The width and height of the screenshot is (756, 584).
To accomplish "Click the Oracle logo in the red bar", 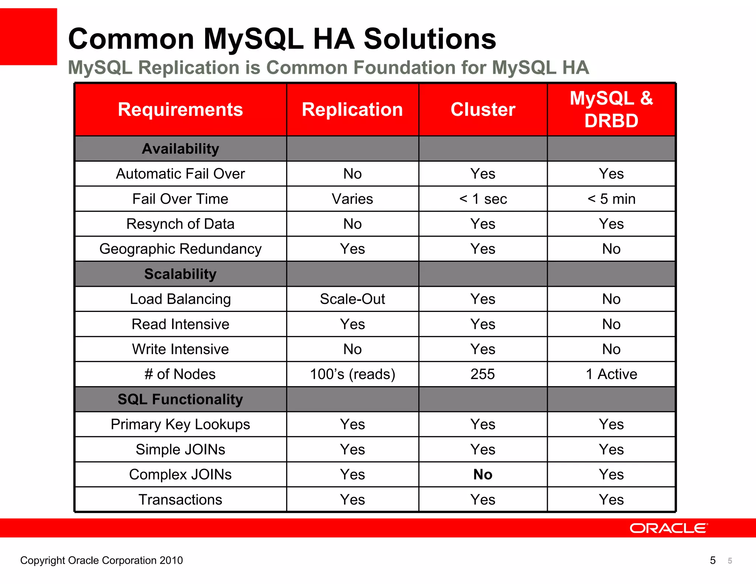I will [x=669, y=528].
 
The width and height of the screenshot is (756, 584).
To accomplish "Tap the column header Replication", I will [x=352, y=110].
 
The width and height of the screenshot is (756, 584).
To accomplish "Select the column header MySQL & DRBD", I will [x=611, y=110].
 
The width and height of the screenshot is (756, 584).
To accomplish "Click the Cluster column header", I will [x=483, y=110].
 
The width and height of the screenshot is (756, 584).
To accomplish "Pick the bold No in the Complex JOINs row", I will [x=483, y=474].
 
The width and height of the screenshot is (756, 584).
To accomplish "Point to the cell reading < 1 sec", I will [x=483, y=199].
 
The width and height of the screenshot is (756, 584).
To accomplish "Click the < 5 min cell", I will [x=611, y=199].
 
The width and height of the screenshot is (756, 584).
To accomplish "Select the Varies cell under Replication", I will [x=352, y=199].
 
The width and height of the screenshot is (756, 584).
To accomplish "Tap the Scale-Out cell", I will [x=352, y=299].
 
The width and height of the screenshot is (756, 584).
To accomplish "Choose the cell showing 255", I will [x=483, y=374].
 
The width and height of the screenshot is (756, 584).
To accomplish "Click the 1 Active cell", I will [x=611, y=374].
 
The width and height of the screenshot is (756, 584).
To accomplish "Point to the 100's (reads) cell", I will [x=352, y=374].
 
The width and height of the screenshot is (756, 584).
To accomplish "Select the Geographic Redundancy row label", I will [x=180, y=249].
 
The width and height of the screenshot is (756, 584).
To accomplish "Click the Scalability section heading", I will [x=180, y=274].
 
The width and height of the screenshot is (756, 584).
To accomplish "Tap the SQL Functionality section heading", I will [x=180, y=399].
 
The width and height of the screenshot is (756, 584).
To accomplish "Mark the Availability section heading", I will [x=180, y=149].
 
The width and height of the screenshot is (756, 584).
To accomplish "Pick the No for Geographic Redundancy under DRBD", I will [x=611, y=249].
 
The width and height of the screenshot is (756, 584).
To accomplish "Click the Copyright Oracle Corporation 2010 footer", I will [x=102, y=560].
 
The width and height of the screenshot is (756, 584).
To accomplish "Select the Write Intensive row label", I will [x=180, y=349].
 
